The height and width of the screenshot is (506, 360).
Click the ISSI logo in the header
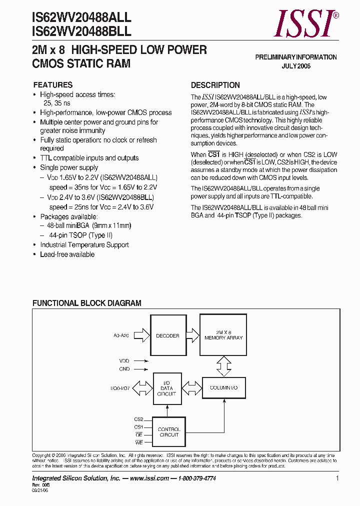pos(306,24)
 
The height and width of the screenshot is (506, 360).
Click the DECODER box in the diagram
pos(167,335)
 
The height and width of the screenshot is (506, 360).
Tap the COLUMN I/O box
pos(223,388)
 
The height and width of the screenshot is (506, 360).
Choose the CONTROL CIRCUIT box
pos(169,432)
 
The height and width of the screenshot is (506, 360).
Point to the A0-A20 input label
pos(120,336)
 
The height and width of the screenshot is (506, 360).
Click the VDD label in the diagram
pos(124,360)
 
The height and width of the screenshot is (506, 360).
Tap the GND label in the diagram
pos(124,369)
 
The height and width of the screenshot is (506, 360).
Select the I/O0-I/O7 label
pos(120,388)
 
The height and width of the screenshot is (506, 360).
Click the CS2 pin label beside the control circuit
pos(138,419)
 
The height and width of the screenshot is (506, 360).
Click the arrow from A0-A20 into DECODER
pos(142,335)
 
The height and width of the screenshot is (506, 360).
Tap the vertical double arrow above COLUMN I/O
pos(223,366)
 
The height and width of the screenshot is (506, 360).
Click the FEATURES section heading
pos(53,85)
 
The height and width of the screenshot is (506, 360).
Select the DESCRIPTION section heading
pos(215,85)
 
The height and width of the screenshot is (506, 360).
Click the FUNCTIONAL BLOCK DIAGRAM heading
pos(87,303)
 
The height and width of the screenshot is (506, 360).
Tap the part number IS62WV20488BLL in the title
pos(81,31)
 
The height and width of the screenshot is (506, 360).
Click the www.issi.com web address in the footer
pos(149,478)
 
